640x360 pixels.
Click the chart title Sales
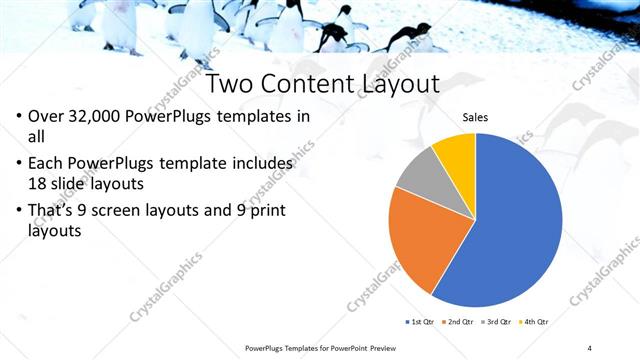[x=475, y=119]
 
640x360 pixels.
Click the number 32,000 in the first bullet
[x=106, y=116]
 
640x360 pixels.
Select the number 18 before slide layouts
[x=40, y=183]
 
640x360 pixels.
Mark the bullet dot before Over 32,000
[x=20, y=117]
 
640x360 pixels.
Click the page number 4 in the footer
[x=590, y=348]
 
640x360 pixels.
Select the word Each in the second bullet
[x=47, y=162]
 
